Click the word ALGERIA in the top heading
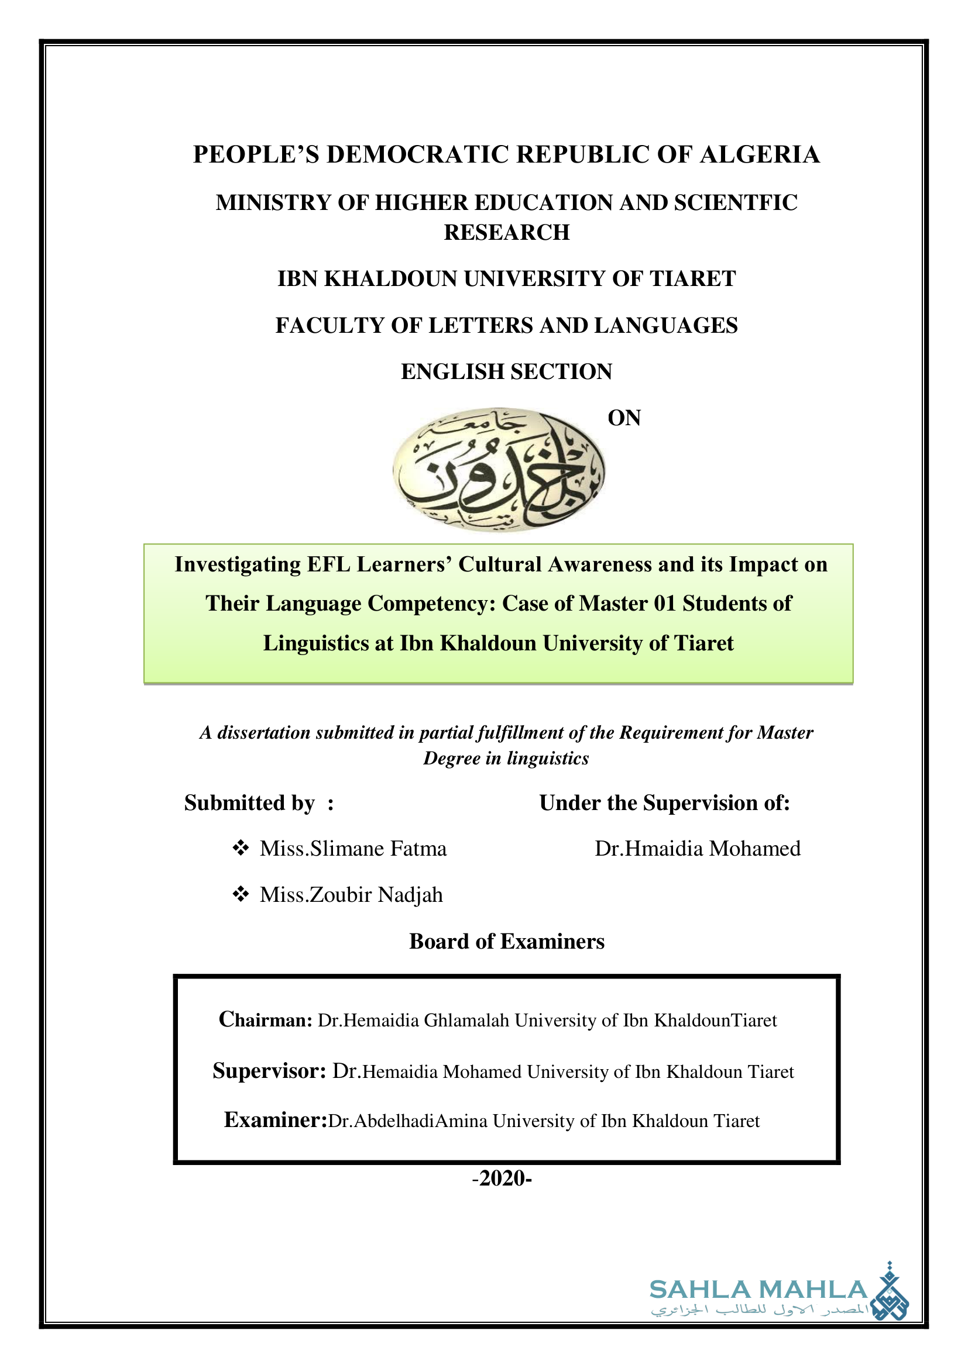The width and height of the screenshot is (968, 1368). pyautogui.click(x=760, y=154)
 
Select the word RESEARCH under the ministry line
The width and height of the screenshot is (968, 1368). pyautogui.click(x=507, y=232)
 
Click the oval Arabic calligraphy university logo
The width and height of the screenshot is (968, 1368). pyautogui.click(x=499, y=470)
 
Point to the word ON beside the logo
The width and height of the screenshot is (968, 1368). pyautogui.click(x=624, y=418)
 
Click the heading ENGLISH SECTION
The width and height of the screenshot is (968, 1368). pyautogui.click(x=507, y=372)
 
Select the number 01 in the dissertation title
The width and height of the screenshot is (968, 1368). pyautogui.click(x=665, y=604)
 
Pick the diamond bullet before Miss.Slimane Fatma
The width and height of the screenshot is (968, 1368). pyautogui.click(x=240, y=848)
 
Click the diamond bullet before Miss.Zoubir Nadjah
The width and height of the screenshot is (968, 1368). pyautogui.click(x=240, y=894)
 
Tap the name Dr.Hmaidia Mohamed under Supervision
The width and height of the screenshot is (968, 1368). pyautogui.click(x=698, y=849)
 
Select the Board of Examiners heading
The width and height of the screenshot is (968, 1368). pyautogui.click(x=507, y=942)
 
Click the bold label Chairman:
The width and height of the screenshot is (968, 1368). pyautogui.click(x=265, y=1020)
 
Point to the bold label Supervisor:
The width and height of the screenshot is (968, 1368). pyautogui.click(x=269, y=1071)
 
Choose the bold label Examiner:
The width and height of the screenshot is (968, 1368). pyautogui.click(x=276, y=1121)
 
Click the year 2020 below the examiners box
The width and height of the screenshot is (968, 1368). pyautogui.click(x=502, y=1179)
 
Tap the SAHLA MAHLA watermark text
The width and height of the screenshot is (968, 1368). pyautogui.click(x=758, y=1291)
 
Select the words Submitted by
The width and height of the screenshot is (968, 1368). pyautogui.click(x=249, y=803)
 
